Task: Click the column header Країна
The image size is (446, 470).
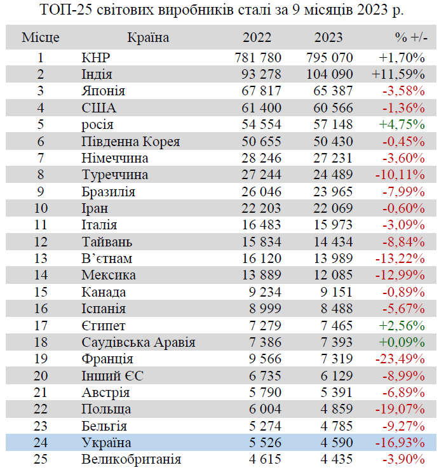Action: (148, 37)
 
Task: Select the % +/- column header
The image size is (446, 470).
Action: (410, 37)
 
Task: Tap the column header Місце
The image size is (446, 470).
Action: (41, 37)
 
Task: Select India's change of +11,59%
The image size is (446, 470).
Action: (398, 74)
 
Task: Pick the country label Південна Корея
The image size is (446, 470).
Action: (131, 141)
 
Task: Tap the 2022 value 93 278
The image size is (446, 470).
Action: (259, 74)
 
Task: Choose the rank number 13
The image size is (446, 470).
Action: (41, 258)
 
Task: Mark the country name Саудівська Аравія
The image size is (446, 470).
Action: (138, 342)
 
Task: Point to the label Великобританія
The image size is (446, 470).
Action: (131, 459)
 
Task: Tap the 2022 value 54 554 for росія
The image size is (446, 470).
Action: (259, 124)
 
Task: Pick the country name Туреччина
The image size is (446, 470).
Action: (115, 175)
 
